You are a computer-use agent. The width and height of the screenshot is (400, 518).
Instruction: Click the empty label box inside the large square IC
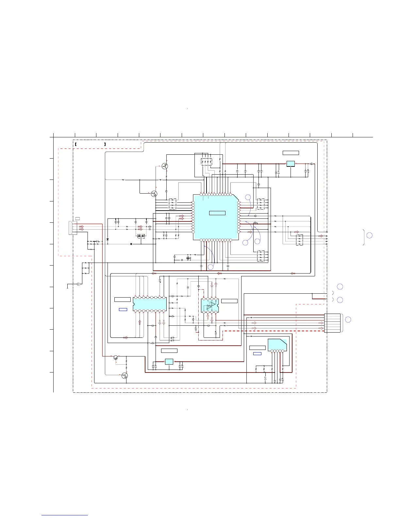217,213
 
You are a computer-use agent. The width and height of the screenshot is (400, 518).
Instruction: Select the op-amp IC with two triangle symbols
210,305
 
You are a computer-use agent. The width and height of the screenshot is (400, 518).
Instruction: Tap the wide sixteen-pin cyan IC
150,304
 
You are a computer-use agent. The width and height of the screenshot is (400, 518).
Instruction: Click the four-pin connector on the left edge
72,228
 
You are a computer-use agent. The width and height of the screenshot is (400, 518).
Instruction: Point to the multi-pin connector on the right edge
332,323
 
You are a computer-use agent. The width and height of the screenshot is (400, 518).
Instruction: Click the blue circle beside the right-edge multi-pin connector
348,319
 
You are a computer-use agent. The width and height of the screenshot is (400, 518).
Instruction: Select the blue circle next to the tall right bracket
369,235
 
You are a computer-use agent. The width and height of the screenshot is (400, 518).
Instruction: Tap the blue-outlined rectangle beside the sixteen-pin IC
123,309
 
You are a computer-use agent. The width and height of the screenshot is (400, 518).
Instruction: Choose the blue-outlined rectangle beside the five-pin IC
258,354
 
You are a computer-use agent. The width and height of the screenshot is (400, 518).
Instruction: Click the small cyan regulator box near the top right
291,164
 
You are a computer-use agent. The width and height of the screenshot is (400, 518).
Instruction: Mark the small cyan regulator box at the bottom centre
169,361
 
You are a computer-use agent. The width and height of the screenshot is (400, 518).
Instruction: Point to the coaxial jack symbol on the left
78,284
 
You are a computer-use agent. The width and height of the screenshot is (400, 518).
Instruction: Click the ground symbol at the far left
68,287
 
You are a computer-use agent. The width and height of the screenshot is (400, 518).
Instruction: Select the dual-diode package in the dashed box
141,236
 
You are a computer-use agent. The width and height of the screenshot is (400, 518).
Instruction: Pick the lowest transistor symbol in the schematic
125,376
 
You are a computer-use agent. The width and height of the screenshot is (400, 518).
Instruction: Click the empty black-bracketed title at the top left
90,144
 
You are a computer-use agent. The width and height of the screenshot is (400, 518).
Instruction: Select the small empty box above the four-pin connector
77,218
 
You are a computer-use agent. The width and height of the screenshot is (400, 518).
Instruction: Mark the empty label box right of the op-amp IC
229,301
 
